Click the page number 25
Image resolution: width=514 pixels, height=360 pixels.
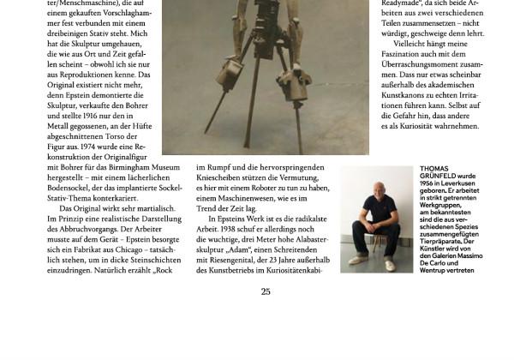pyautogui.click(x=266, y=291)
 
